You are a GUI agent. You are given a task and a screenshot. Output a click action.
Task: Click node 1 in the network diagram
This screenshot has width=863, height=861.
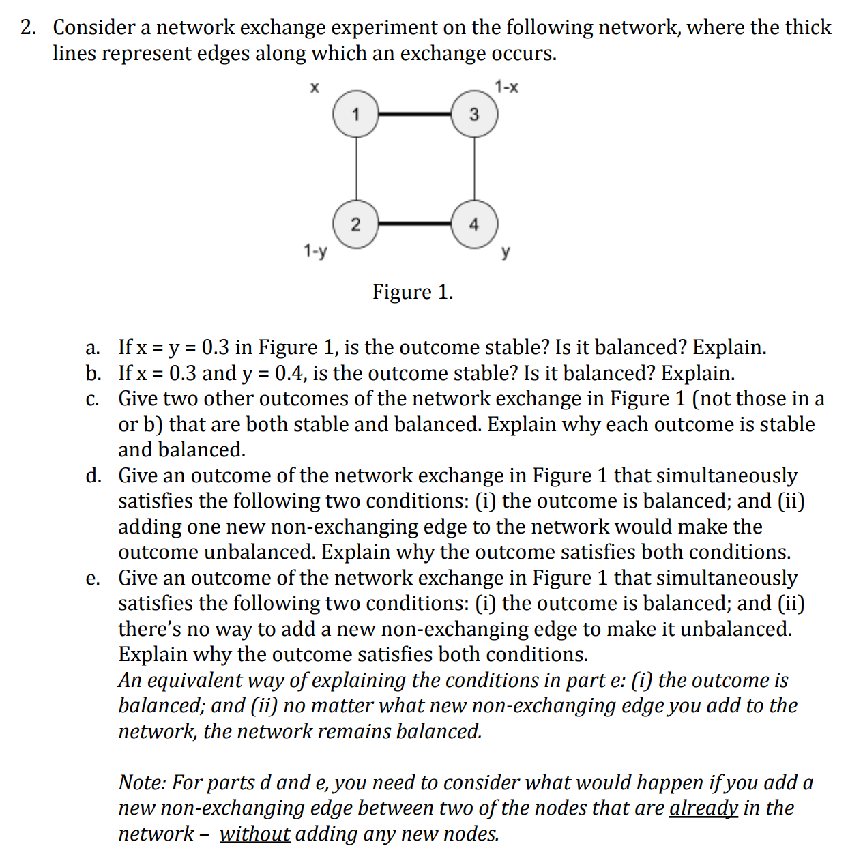pyautogui.click(x=355, y=114)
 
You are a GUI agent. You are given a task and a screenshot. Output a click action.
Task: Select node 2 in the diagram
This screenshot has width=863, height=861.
pyautogui.click(x=355, y=224)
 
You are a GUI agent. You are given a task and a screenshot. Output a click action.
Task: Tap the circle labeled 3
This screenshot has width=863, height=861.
pyautogui.click(x=474, y=114)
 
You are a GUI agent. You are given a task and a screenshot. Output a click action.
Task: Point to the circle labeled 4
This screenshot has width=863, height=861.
pyautogui.click(x=474, y=224)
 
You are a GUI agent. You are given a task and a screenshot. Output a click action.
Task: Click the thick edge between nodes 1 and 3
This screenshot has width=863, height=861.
pyautogui.click(x=415, y=114)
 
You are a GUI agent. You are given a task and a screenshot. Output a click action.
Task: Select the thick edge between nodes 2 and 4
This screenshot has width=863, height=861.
pyautogui.click(x=415, y=223)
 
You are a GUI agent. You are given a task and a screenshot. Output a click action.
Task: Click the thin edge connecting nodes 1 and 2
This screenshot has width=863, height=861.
pyautogui.click(x=355, y=169)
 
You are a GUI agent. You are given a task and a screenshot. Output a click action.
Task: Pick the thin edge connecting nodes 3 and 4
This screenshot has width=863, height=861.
pyautogui.click(x=474, y=169)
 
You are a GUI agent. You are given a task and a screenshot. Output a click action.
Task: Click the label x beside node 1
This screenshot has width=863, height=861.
pyautogui.click(x=315, y=87)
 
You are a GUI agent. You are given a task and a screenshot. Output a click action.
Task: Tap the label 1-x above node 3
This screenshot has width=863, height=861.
pyautogui.click(x=506, y=87)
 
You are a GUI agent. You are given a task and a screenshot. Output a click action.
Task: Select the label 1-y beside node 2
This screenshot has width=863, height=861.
pyautogui.click(x=315, y=251)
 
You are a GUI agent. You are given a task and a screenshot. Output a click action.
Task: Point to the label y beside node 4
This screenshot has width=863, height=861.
pyautogui.click(x=506, y=252)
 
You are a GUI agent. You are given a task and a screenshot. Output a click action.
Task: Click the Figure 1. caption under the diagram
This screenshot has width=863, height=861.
pyautogui.click(x=413, y=292)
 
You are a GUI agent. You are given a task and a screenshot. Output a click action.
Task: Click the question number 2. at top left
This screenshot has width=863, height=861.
pyautogui.click(x=28, y=27)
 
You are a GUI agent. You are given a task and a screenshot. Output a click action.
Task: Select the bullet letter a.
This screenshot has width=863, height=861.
pyautogui.click(x=93, y=347)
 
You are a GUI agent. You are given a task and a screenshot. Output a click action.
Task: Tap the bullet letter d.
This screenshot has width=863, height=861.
pyautogui.click(x=93, y=476)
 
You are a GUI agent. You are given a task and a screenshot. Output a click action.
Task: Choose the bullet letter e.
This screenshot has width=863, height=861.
pyautogui.click(x=93, y=578)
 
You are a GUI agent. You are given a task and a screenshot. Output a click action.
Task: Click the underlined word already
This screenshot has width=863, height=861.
pyautogui.click(x=703, y=808)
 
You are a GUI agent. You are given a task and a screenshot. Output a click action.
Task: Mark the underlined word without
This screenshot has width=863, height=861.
pyautogui.click(x=254, y=834)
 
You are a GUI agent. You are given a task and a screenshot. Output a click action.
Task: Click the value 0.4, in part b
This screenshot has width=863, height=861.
pyautogui.click(x=291, y=373)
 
